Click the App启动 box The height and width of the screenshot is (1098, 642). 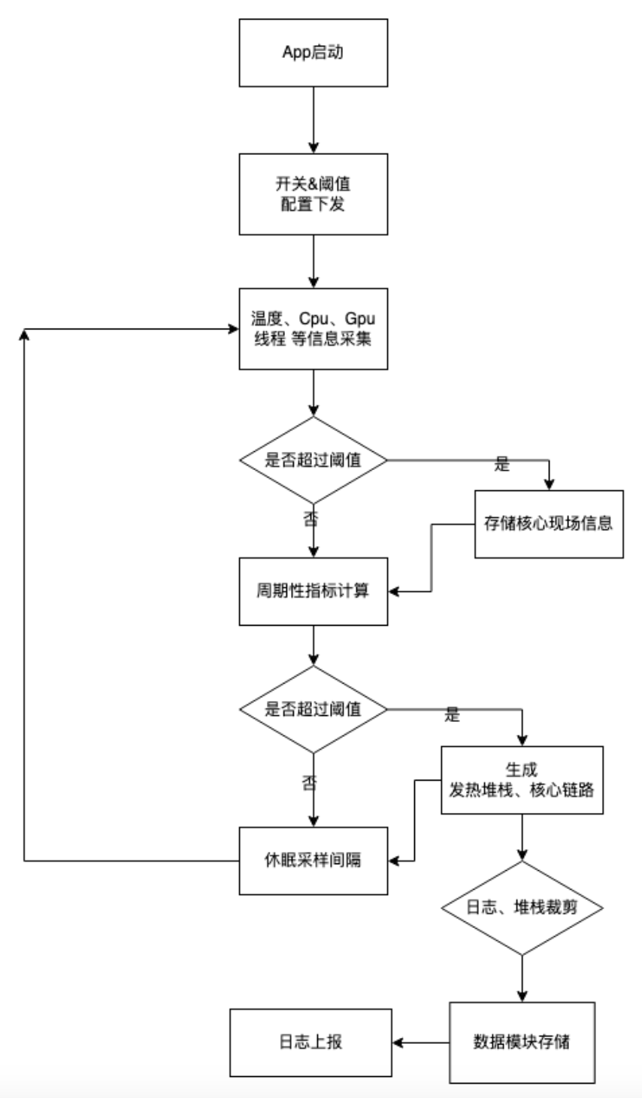[313, 53]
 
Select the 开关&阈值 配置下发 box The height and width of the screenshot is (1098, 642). [313, 194]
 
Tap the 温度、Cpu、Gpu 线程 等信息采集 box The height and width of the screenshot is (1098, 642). [313, 329]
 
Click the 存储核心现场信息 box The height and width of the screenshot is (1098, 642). [549, 524]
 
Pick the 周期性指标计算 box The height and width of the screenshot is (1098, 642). [313, 591]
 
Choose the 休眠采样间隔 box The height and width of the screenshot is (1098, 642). [313, 860]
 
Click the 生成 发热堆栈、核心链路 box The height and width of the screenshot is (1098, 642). [522, 780]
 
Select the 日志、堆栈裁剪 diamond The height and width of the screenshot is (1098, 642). [522, 908]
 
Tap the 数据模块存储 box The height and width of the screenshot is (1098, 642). [522, 1042]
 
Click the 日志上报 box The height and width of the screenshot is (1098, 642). [310, 1042]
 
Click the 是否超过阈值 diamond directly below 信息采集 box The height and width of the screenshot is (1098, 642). [313, 460]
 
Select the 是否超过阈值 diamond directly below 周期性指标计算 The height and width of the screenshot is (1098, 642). [313, 708]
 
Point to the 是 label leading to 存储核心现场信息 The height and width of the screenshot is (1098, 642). [502, 465]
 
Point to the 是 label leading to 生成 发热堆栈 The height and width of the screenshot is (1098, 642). [452, 715]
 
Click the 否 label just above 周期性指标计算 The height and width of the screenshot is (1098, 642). [310, 518]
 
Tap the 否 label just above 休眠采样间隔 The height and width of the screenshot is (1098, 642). [310, 783]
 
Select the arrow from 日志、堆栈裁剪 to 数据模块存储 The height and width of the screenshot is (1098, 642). [522, 978]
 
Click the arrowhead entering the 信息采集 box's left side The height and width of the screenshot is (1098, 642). [233, 329]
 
